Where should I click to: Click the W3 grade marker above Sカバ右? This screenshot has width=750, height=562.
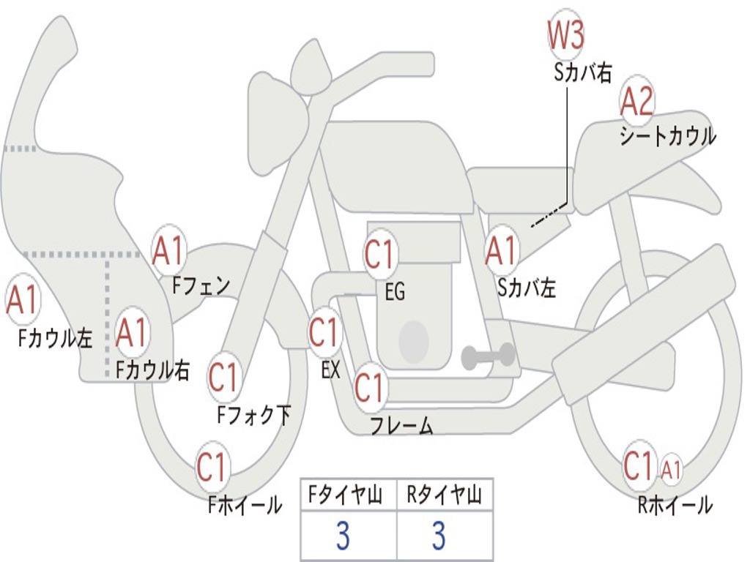tap(566, 34)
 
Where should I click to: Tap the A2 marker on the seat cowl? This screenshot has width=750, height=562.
tap(636, 101)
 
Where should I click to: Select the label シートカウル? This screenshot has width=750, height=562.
tap(668, 135)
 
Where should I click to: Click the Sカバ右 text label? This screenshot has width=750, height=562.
tap(582, 72)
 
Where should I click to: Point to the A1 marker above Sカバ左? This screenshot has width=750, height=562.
tap(501, 250)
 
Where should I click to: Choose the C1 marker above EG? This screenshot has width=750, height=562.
tap(380, 254)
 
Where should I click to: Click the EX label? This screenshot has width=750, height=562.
tap(330, 370)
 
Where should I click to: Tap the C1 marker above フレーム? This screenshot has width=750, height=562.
tap(370, 387)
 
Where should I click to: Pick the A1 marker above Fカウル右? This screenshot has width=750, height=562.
tap(131, 332)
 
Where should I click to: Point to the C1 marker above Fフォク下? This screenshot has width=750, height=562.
tap(224, 378)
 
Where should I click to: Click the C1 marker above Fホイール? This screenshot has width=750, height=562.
tap(212, 467)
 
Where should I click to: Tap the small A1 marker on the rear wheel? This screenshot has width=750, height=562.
tap(671, 469)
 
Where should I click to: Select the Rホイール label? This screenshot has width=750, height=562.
tap(675, 505)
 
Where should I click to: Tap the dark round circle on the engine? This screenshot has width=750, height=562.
tap(414, 341)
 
